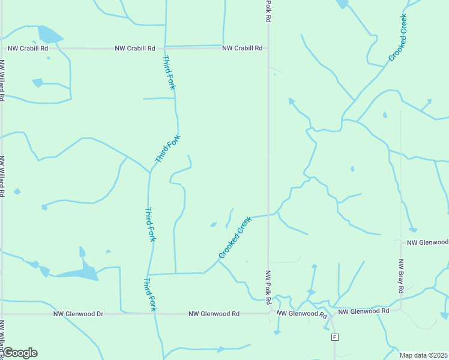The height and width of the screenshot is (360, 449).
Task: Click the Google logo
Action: pyautogui.click(x=20, y=353)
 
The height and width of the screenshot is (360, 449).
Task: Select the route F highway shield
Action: pyautogui.click(x=334, y=337)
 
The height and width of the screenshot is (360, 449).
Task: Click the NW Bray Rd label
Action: pyautogui.click(x=401, y=276)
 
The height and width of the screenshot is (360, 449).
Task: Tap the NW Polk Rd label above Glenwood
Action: pyautogui.click(x=268, y=286)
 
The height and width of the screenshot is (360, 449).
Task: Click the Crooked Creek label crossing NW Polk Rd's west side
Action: pyautogui.click(x=235, y=238)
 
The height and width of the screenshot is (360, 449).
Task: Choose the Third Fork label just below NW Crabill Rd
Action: pyautogui.click(x=169, y=73)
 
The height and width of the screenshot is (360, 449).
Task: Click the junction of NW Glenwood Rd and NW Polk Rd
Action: pyautogui.click(x=268, y=313)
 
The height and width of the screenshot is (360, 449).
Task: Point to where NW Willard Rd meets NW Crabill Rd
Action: pyautogui.click(x=2, y=48)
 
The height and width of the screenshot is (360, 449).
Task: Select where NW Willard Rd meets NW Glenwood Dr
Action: pyautogui.click(x=2, y=314)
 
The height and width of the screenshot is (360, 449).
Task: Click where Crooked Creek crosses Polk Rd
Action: pyautogui.click(x=268, y=215)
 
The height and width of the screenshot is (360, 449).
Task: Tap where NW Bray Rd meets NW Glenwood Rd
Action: pyautogui.click(x=401, y=310)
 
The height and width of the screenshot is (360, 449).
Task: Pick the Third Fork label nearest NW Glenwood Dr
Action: pyautogui.click(x=149, y=294)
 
